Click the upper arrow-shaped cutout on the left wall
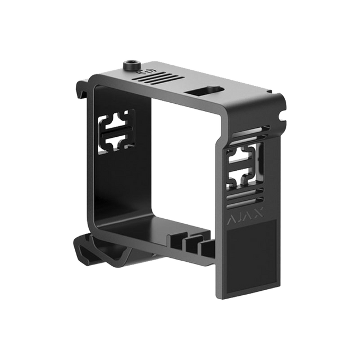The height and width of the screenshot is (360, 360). [x=117, y=124]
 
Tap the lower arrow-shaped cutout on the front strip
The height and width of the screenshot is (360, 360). [x=241, y=177]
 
